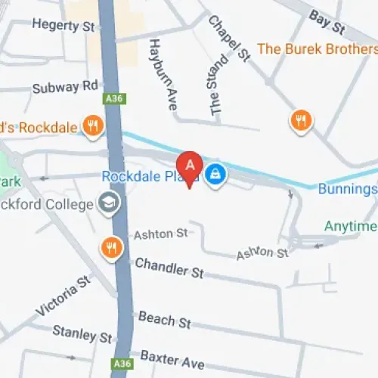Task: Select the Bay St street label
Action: [x=326, y=22]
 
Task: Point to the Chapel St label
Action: [x=228, y=39]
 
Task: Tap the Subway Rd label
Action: [x=65, y=88]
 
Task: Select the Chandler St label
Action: [x=169, y=268]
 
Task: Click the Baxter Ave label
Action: [x=172, y=359]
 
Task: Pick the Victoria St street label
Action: [x=63, y=296]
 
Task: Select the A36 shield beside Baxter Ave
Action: [x=121, y=364]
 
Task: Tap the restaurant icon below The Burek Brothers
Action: [x=301, y=119]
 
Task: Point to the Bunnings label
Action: [x=347, y=189]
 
